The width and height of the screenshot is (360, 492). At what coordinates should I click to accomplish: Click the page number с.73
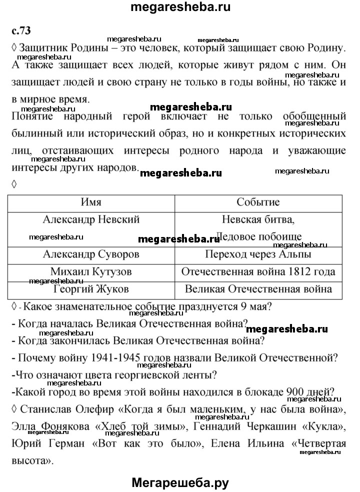pyautogui.click(x=20, y=30)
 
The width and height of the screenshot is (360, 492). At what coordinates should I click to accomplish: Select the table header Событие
pyautogui.click(x=258, y=202)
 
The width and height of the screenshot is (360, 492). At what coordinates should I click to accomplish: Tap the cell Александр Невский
pyautogui.click(x=91, y=219)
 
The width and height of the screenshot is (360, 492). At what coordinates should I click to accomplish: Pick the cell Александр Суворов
pyautogui.click(x=91, y=254)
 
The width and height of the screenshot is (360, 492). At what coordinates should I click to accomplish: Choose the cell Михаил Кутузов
pyautogui.click(x=91, y=271)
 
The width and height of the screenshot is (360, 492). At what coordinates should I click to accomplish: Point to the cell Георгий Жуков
pyautogui.click(x=91, y=289)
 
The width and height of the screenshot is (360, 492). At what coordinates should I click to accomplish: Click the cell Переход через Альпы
pyautogui.click(x=258, y=254)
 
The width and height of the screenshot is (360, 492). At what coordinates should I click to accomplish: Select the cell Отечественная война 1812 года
pyautogui.click(x=258, y=271)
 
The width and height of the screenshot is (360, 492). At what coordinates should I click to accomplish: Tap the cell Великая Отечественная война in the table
pyautogui.click(x=258, y=289)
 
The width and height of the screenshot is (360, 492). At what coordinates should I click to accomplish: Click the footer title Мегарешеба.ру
pyautogui.click(x=180, y=482)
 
